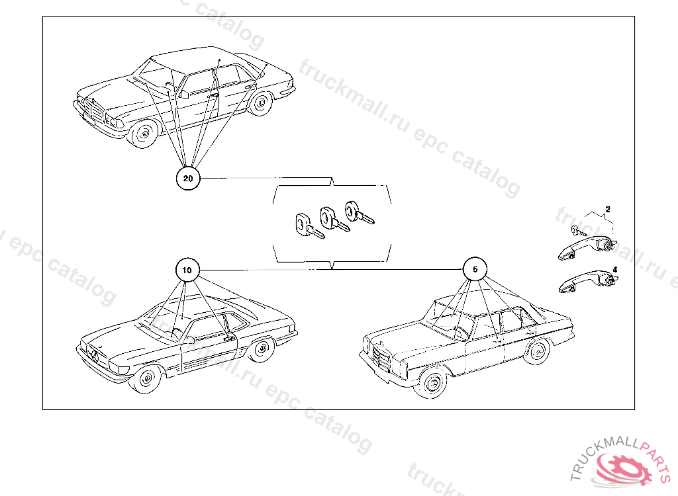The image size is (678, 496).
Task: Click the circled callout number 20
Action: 188,179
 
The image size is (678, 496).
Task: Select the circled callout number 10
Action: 187,270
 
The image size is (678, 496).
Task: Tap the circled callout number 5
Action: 475,269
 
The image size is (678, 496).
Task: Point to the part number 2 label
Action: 608,210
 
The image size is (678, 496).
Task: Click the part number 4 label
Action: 615,270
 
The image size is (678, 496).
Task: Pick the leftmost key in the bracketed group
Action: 308,226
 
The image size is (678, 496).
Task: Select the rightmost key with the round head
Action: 359,212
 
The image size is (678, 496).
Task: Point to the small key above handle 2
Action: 578,231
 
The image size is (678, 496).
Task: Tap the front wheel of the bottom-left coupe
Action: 147,378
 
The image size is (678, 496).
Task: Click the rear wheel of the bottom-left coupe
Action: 262,350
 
